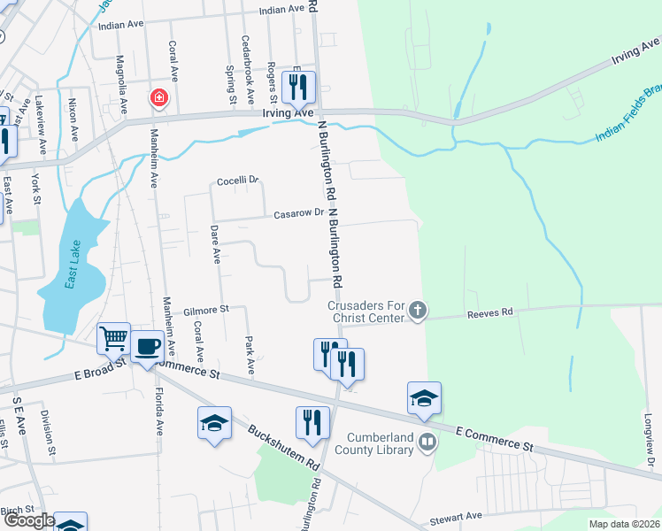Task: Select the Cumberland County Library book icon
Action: (x=427, y=441)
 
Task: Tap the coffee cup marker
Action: (x=147, y=346)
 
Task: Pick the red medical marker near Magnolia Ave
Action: (x=159, y=96)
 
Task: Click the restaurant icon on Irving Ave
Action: (x=298, y=87)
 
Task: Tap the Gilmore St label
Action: (x=206, y=310)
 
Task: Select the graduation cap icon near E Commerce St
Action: (x=425, y=398)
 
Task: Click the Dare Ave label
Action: (x=215, y=244)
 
